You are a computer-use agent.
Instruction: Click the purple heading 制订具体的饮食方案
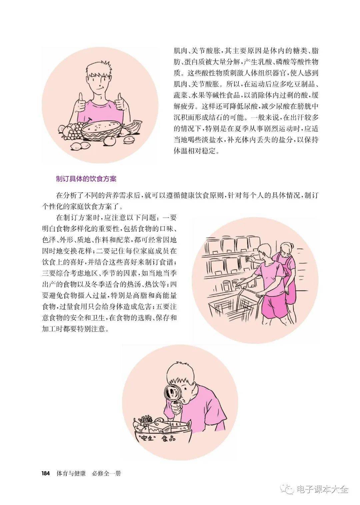pyautogui.click(x=86, y=179)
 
